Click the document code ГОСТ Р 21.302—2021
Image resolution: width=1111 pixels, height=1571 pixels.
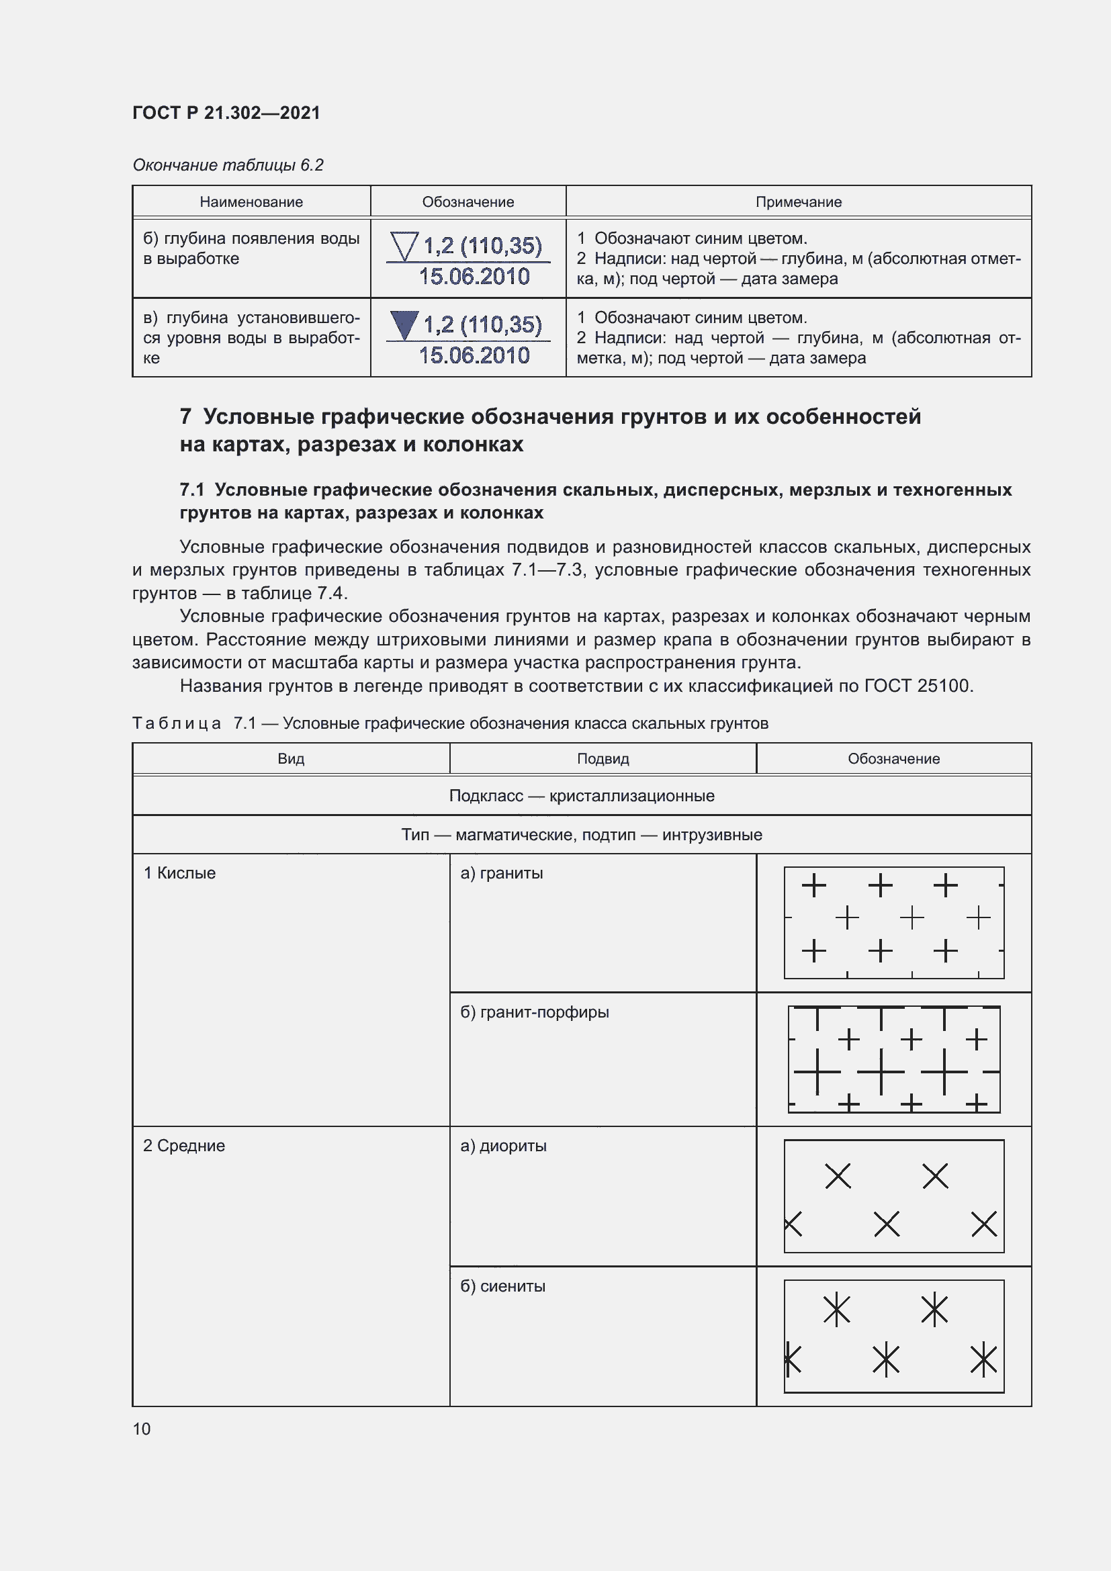pos(226,113)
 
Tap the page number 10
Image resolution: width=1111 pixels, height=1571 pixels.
pos(142,1429)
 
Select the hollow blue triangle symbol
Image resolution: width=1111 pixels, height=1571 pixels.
pos(404,246)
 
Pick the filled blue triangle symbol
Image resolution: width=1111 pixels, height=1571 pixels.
pos(404,325)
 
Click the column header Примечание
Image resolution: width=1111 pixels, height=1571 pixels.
pos(799,202)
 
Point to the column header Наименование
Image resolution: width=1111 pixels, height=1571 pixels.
pos(251,202)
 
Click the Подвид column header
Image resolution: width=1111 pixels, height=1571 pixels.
pos(603,759)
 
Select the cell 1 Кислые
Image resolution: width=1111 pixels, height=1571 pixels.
pos(180,873)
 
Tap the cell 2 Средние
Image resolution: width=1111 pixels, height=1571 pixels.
pos(184,1145)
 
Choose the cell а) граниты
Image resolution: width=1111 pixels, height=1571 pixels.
pos(502,873)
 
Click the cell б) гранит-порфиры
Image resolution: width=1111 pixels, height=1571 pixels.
pos(534,1012)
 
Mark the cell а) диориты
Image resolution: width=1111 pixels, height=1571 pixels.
pos(504,1145)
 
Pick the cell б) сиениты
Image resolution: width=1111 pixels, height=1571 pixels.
pos(503,1286)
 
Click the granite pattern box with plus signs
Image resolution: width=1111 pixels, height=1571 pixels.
pos(893,922)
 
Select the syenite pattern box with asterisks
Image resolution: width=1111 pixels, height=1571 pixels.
pos(893,1336)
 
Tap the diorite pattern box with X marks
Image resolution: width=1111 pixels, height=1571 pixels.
pos(893,1196)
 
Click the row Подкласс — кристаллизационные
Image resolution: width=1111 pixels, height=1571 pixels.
pos(582,796)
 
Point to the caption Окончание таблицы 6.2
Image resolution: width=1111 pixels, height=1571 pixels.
pos(228,165)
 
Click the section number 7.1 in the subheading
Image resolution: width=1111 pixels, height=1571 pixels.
pos(192,490)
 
